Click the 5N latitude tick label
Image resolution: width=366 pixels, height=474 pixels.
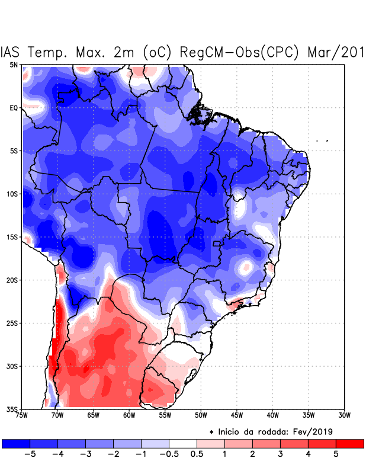click(14, 65)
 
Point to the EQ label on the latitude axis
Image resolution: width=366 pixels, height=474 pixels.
click(14, 108)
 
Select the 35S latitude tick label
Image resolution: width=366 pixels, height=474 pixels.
click(12, 409)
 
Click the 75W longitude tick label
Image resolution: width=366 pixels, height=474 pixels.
click(21, 415)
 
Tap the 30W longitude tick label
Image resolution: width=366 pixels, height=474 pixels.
click(344, 415)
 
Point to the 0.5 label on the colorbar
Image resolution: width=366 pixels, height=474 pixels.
click(197, 454)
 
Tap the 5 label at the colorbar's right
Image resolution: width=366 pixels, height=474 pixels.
click(335, 454)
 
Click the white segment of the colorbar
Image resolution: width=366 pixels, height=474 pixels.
click(183, 443)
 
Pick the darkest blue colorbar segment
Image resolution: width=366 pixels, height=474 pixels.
click(16, 443)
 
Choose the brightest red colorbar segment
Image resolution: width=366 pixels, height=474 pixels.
click(349, 443)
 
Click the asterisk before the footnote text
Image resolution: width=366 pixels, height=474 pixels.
click(211, 432)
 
